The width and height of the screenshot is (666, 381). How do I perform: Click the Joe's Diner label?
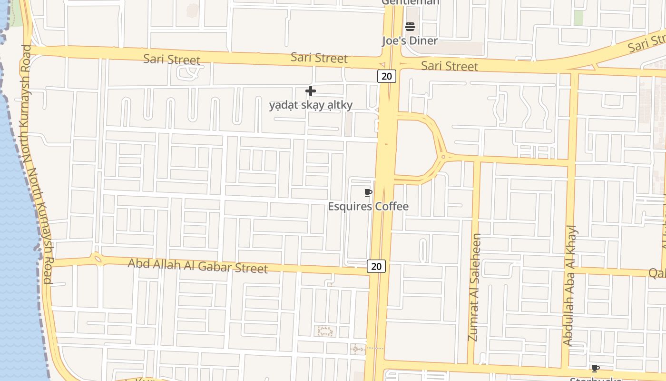(x=410, y=40)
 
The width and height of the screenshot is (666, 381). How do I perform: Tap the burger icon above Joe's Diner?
(x=410, y=27)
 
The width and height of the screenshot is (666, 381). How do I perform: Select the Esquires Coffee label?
(x=368, y=206)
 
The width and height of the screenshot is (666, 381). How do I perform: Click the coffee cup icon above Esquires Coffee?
(x=368, y=192)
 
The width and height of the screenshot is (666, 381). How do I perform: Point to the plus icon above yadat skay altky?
(x=311, y=90)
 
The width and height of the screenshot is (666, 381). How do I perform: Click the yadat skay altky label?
(x=311, y=105)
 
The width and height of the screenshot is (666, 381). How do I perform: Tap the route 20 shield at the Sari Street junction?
(x=387, y=76)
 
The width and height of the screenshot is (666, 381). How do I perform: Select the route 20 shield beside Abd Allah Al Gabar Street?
(x=376, y=266)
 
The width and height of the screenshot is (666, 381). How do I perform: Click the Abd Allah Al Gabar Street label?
(x=197, y=265)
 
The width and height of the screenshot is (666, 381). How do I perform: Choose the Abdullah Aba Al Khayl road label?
(x=569, y=285)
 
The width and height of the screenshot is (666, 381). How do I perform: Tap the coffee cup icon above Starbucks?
(x=595, y=368)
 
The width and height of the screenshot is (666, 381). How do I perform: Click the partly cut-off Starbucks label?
(x=596, y=379)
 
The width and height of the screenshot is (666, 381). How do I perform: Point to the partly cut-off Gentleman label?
(x=410, y=2)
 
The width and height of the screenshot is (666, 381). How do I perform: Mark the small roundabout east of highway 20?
(x=443, y=156)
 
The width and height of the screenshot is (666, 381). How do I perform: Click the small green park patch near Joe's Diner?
(x=578, y=18)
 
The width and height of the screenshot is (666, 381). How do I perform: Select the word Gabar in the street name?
(x=214, y=266)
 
